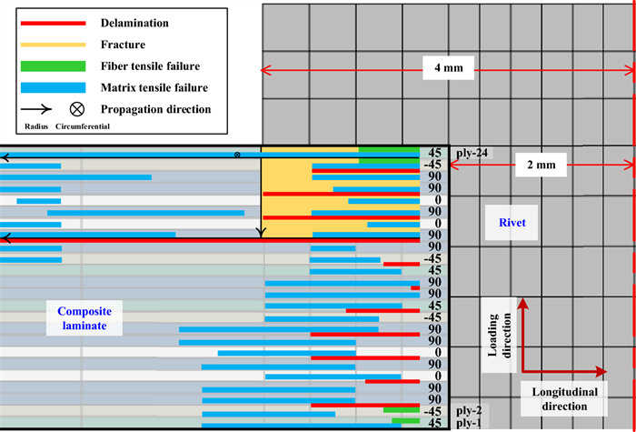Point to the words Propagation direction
coord(157,109)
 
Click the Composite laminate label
coord(80,318)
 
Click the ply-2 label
coord(470,411)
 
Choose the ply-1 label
coord(470,423)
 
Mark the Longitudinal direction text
coord(557,398)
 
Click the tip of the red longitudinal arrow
coord(606,371)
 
